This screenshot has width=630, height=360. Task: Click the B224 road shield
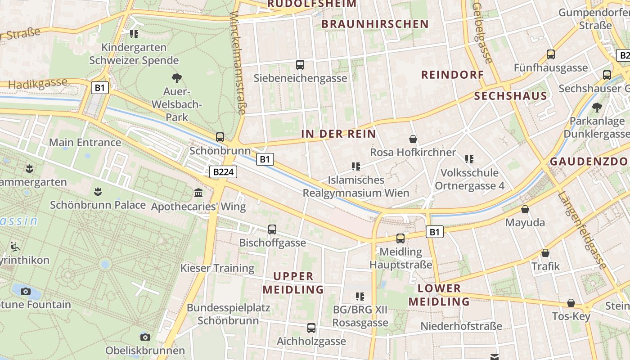(x=223, y=172)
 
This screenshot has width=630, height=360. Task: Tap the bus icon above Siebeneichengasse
(x=300, y=65)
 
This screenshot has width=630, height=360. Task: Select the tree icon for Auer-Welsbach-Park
(x=177, y=78)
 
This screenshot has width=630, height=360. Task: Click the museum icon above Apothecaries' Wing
(x=198, y=193)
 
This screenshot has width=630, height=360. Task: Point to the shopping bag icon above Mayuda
(x=525, y=209)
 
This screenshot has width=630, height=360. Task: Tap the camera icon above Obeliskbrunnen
(x=145, y=337)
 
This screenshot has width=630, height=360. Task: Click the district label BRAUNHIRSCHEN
(x=375, y=24)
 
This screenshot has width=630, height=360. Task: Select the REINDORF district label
(x=452, y=75)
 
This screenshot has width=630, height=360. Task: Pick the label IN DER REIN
(x=338, y=134)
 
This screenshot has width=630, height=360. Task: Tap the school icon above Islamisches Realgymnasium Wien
(x=356, y=166)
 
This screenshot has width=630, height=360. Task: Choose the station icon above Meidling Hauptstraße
(x=400, y=238)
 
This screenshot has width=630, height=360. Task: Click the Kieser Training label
(x=217, y=268)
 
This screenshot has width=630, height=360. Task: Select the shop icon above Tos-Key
(x=571, y=303)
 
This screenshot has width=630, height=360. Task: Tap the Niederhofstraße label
(x=461, y=326)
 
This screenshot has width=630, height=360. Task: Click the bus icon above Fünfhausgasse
(x=550, y=54)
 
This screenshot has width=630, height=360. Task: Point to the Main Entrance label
(x=85, y=143)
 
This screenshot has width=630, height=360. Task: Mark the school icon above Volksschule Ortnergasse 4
(x=469, y=159)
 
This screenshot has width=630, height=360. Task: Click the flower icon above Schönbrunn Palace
(x=97, y=192)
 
